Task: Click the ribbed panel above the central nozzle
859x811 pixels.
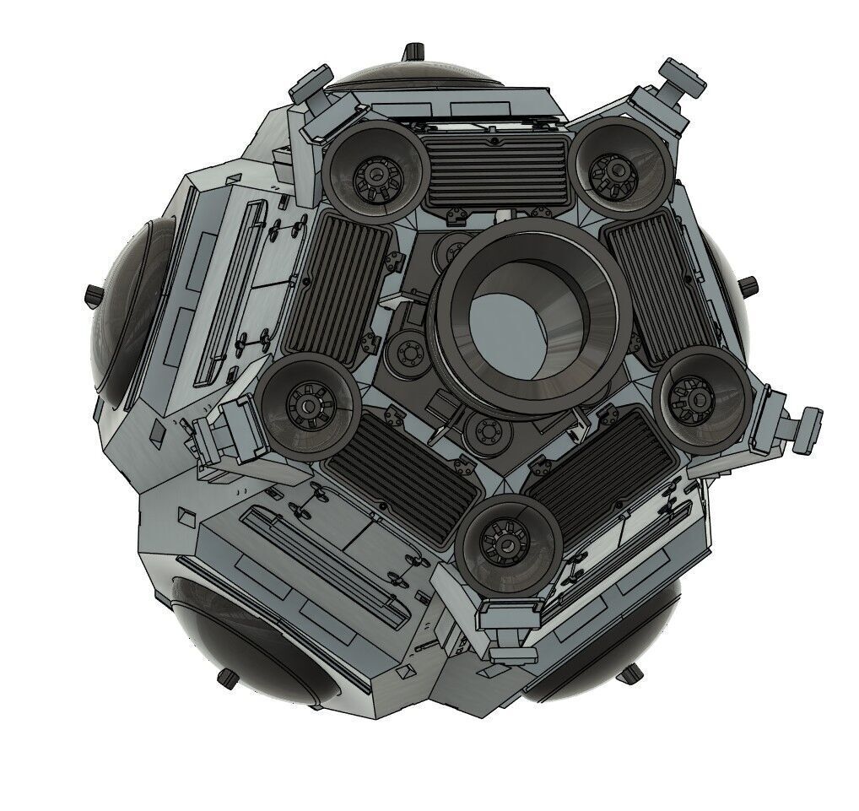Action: [x=496, y=171]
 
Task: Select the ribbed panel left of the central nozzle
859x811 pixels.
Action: [x=336, y=284]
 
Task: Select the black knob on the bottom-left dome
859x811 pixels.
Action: [x=227, y=677]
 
